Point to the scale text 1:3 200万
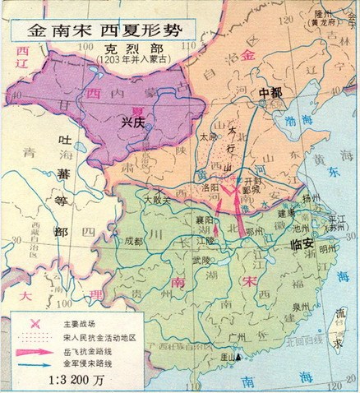[x=62, y=381]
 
